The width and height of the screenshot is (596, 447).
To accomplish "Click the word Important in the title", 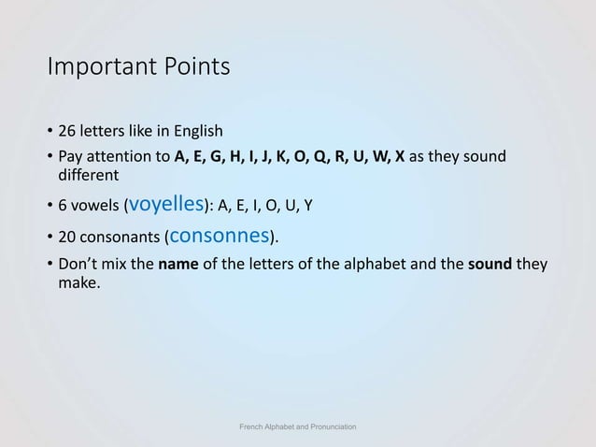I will point(100,68).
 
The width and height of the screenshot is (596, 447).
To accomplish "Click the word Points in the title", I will point(194,68).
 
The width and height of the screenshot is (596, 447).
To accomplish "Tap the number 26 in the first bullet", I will point(68,130).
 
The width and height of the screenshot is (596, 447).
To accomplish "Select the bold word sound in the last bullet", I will point(491,264).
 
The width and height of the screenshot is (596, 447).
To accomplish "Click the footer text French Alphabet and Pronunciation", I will point(298,426).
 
